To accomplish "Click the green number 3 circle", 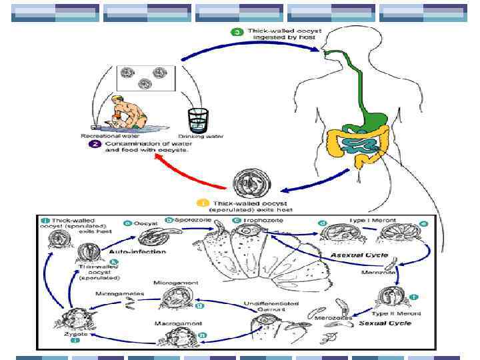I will [237, 32].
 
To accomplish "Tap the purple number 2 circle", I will [96, 144].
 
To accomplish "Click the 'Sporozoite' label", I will [193, 219].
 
